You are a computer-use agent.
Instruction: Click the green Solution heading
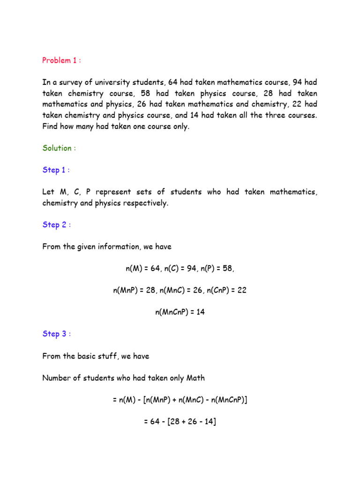59,148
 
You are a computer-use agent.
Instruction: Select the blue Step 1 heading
56,170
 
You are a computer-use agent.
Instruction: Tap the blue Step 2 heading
56,225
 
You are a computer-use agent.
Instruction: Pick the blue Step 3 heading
56,334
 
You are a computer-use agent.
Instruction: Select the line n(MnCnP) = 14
180,312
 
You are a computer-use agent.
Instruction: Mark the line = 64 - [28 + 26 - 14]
180,421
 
